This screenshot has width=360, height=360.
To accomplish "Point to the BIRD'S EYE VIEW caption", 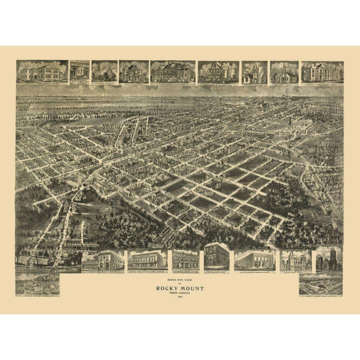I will pos(180,273).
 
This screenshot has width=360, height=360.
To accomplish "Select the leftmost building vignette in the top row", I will pos(41,71).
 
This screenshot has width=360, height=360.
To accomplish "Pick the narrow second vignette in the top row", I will pos(79,71).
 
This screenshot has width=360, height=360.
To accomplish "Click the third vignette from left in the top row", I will pos(103,71).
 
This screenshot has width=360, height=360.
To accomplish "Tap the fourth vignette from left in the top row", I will pos(133,71).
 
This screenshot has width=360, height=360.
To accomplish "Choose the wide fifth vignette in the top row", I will pos(172,71).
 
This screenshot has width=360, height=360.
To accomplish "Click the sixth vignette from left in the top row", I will pos(218,71).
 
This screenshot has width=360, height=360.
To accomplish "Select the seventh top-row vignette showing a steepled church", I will pos(254,71).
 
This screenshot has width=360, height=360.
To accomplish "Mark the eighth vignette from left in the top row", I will pos(284,71).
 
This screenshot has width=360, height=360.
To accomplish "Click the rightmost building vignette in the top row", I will pos(322,71).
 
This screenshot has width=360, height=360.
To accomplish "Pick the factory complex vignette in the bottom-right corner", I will pos(320,283).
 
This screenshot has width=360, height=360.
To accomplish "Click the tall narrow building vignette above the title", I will pos(217,257).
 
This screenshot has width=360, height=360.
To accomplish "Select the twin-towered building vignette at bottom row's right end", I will pos(328,259).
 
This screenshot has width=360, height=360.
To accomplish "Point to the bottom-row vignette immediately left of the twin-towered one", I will pos(295,259).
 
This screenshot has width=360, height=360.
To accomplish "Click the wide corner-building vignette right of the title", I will pos(254,259).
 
